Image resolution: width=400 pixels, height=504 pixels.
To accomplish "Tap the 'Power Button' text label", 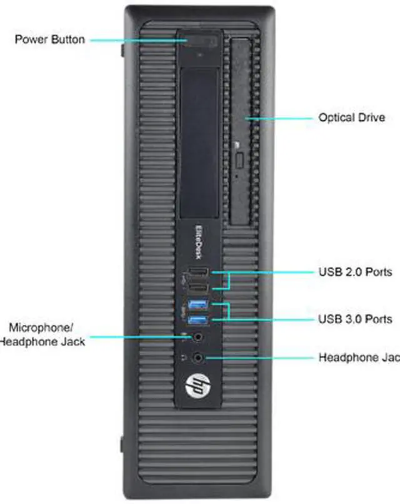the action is click(x=51, y=39).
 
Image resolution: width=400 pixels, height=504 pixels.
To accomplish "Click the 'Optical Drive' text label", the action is click(x=351, y=117).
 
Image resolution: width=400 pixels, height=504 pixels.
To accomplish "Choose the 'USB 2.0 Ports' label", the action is click(x=355, y=272).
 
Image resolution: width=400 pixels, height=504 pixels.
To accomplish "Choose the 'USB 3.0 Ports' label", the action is click(x=355, y=319).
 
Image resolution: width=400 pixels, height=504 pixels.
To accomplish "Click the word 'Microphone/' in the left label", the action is click(x=41, y=327).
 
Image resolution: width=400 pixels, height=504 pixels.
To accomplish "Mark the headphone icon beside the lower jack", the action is click(x=184, y=358).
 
